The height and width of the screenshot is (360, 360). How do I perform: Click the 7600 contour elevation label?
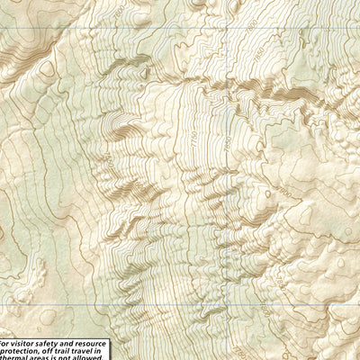coord(229,141)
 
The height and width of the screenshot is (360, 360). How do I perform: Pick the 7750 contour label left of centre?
coord(108,162)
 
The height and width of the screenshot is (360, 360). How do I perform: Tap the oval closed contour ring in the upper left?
coord(46,68)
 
